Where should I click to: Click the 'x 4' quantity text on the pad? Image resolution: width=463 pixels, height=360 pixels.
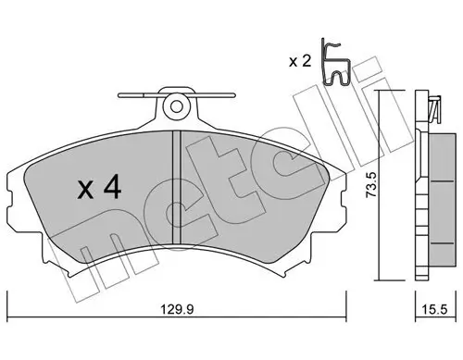click(x=97, y=191)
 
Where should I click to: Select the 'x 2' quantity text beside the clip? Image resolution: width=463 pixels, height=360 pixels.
click(x=298, y=61)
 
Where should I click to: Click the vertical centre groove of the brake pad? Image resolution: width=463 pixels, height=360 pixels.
click(x=176, y=185)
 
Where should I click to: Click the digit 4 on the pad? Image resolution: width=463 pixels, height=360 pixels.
click(x=110, y=191)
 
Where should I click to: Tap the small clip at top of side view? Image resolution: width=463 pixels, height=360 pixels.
click(x=432, y=109)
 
